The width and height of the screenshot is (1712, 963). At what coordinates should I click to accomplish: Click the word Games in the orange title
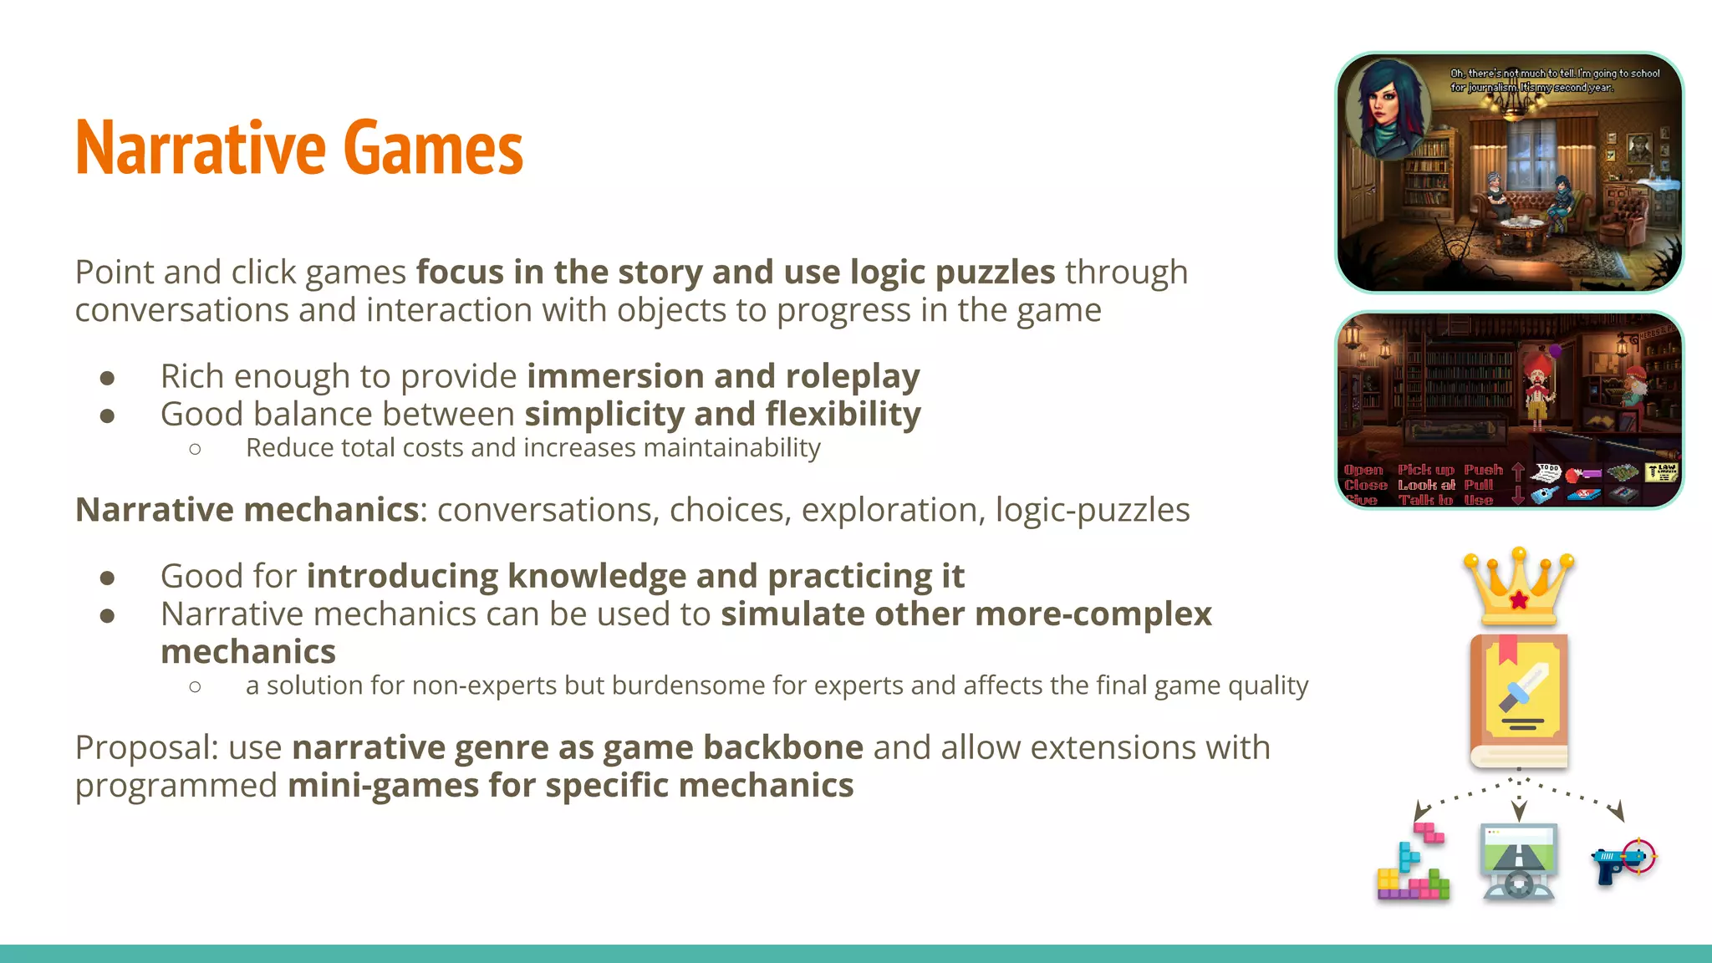point(432,149)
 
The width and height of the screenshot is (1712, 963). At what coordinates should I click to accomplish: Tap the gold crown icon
point(1518,588)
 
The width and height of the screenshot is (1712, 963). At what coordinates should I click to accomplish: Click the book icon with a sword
point(1518,701)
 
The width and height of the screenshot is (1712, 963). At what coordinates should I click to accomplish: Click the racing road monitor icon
point(1518,861)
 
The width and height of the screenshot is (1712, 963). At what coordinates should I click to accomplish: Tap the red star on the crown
point(1519,599)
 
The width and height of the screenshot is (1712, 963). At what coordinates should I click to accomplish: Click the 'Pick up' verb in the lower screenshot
point(1426,470)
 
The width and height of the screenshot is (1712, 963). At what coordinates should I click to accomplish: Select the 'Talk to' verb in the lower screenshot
point(1425,500)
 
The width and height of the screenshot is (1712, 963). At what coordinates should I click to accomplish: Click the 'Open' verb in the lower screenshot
point(1363,470)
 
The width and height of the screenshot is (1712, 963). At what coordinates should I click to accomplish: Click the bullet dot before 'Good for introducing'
point(107,578)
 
